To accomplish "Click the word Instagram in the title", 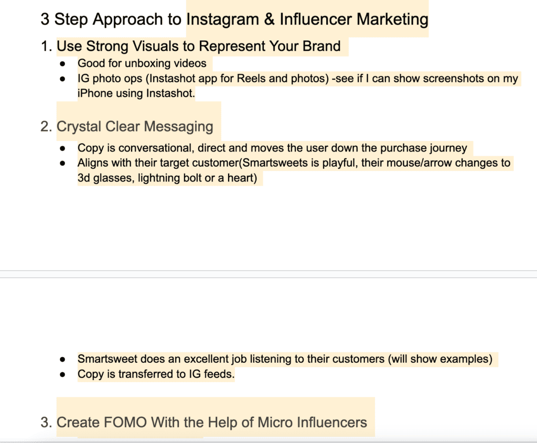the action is pos(222,19).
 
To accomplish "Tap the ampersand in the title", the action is pos(269,19).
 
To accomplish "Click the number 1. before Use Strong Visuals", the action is pos(46,46).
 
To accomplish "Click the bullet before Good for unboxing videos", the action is pos(62,63).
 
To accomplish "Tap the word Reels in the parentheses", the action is pos(251,79).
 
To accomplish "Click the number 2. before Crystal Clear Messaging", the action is pos(46,126).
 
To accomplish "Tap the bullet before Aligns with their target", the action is pos(62,163).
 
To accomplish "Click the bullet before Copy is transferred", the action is pos(62,374).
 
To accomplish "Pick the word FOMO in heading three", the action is pos(125,423).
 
